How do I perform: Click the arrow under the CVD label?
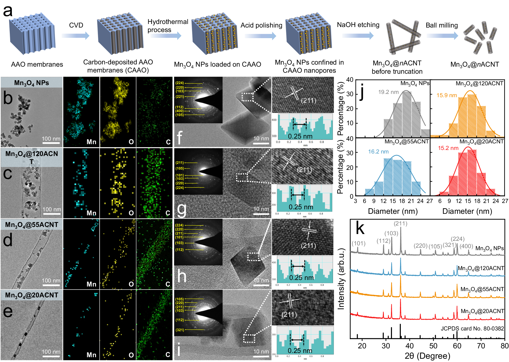click(x=75, y=36)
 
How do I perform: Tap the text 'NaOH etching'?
click(x=358, y=25)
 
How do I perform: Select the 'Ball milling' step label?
click(x=441, y=25)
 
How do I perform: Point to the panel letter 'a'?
click(x=8, y=11)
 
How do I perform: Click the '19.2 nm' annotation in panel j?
click(x=388, y=92)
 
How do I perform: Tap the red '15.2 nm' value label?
click(x=448, y=148)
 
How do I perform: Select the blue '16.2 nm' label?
click(x=378, y=151)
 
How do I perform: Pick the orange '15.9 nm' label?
click(x=446, y=95)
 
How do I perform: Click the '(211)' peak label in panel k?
click(x=400, y=223)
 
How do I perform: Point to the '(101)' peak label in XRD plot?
click(x=358, y=243)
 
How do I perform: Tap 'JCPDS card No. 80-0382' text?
click(x=472, y=328)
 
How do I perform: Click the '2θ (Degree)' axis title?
click(x=427, y=356)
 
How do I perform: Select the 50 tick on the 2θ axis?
click(x=433, y=346)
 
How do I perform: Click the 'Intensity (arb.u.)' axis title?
click(x=341, y=279)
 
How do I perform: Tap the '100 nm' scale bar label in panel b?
click(x=51, y=139)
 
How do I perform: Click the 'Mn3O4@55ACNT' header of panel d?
click(x=32, y=224)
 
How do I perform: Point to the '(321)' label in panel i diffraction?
click(x=180, y=330)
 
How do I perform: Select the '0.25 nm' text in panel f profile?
click(x=300, y=136)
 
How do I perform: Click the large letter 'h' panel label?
click(x=182, y=276)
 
